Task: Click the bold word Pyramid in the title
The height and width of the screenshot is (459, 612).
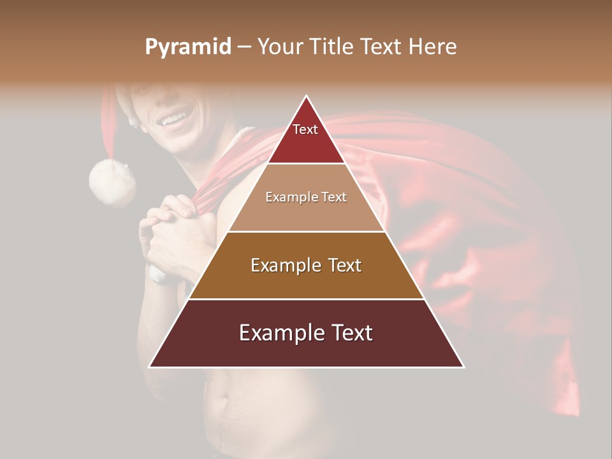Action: [x=187, y=47]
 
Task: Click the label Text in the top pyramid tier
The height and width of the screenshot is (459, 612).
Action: [x=305, y=129]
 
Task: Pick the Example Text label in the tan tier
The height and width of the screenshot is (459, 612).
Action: [x=306, y=197]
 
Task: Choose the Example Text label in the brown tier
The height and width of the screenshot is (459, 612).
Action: [x=306, y=265]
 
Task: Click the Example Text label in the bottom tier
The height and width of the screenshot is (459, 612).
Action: [x=306, y=333]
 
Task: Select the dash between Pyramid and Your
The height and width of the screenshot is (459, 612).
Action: [x=244, y=47]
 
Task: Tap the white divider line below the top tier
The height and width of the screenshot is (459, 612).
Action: [x=306, y=164]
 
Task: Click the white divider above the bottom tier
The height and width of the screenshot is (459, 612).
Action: [x=306, y=299]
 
